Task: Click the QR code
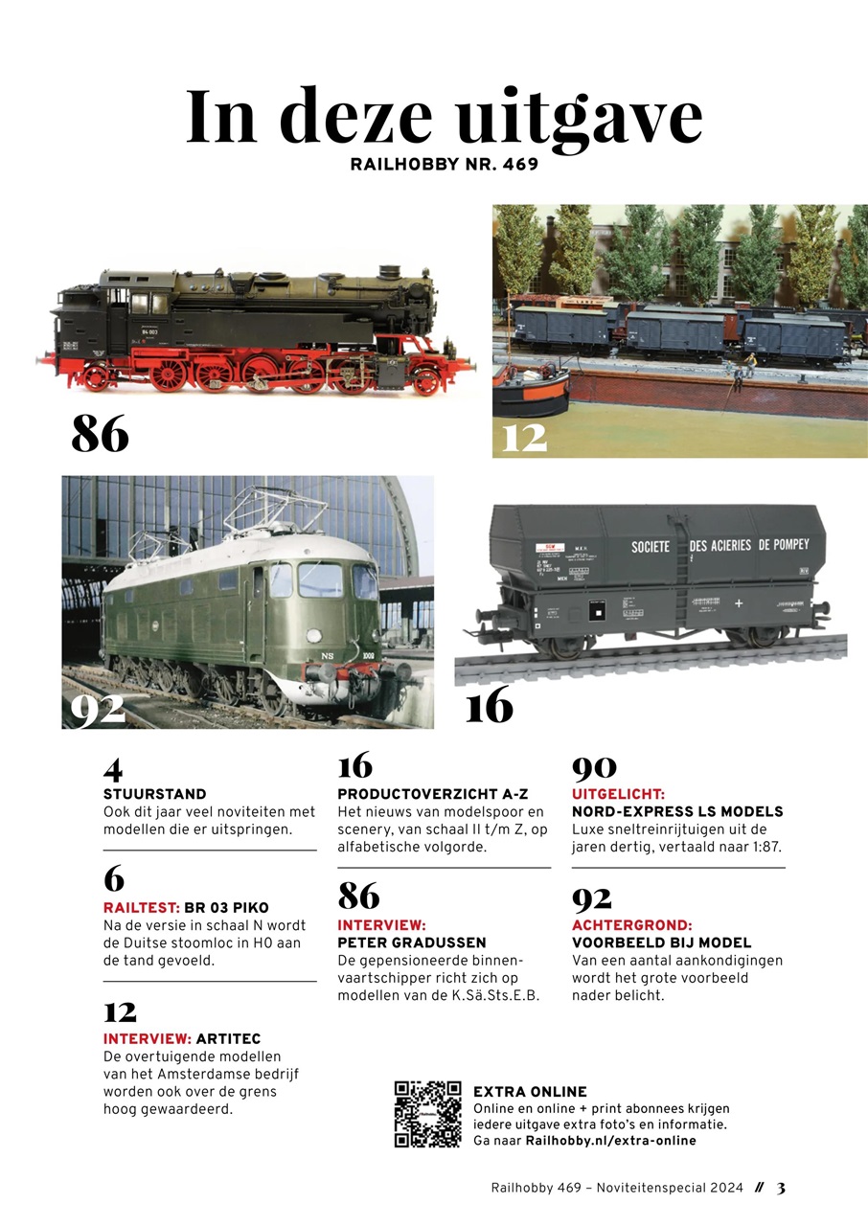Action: pyautogui.click(x=427, y=1114)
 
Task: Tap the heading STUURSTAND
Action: pyautogui.click(x=154, y=794)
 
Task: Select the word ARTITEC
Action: pyautogui.click(x=228, y=1038)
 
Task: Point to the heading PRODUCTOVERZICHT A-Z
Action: pyautogui.click(x=433, y=794)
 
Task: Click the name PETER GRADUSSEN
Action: pyautogui.click(x=412, y=942)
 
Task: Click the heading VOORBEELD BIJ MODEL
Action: pyautogui.click(x=661, y=942)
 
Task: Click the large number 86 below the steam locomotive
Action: pyautogui.click(x=100, y=435)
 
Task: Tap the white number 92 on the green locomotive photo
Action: pyautogui.click(x=98, y=708)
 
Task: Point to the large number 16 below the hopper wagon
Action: pyautogui.click(x=489, y=707)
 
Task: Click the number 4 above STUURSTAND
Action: pyautogui.click(x=113, y=768)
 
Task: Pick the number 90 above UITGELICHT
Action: pyautogui.click(x=594, y=768)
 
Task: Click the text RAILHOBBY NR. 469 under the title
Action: pyautogui.click(x=445, y=164)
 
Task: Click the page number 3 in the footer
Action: pyautogui.click(x=781, y=1189)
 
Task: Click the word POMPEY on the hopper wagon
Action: pyautogui.click(x=785, y=544)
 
